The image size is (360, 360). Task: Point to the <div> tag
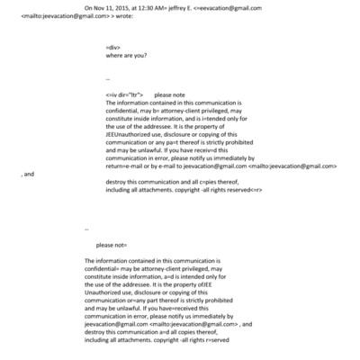112,68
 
